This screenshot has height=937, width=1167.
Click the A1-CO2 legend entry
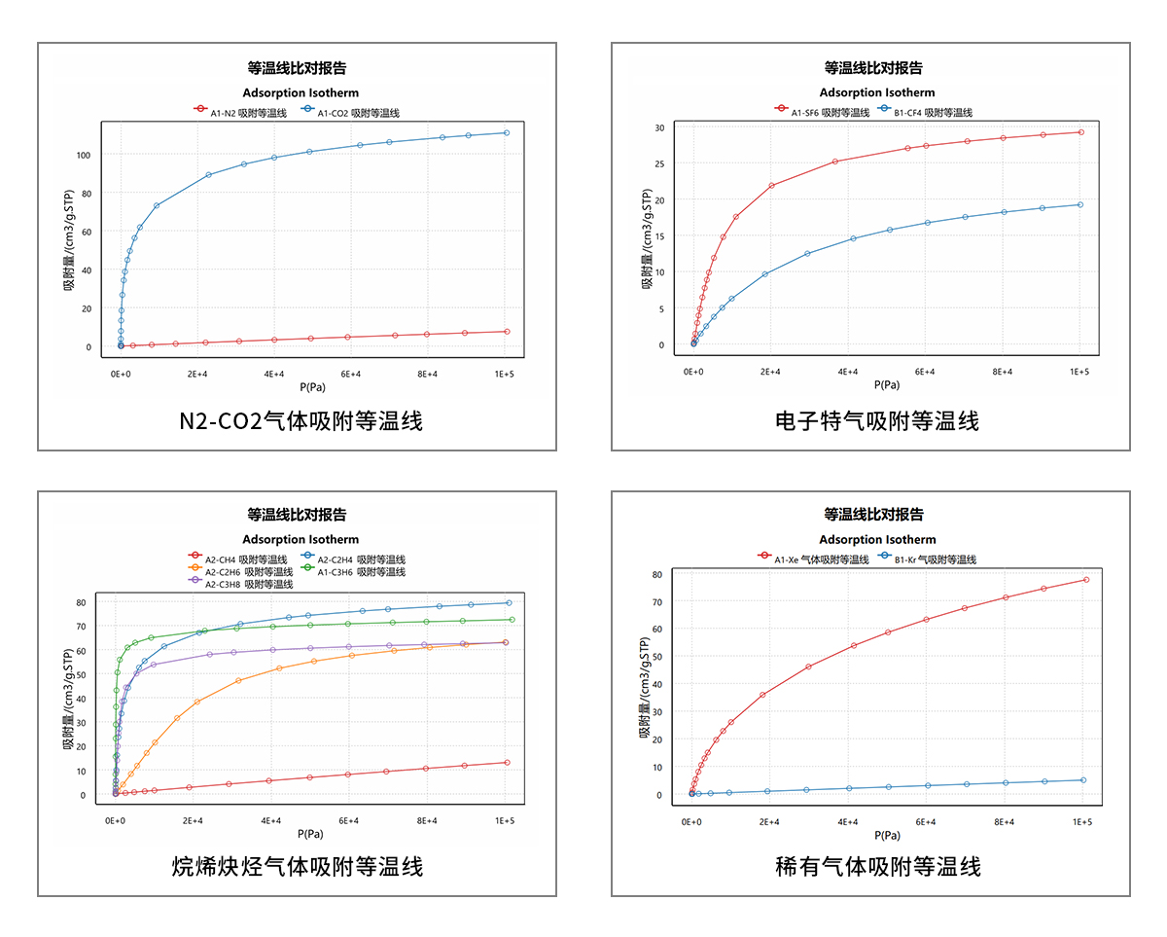[360, 113]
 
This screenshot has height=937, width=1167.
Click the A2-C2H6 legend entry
[248, 572]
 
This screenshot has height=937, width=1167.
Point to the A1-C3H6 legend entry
[360, 572]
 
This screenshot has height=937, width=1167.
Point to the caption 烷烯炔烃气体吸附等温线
[298, 866]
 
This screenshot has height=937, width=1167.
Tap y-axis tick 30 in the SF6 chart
[658, 127]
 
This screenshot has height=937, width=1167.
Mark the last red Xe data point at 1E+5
[1085, 580]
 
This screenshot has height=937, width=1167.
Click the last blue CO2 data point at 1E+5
[506, 133]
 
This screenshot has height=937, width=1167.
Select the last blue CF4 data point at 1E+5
[1079, 204]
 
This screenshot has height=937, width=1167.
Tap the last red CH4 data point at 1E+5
[506, 763]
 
